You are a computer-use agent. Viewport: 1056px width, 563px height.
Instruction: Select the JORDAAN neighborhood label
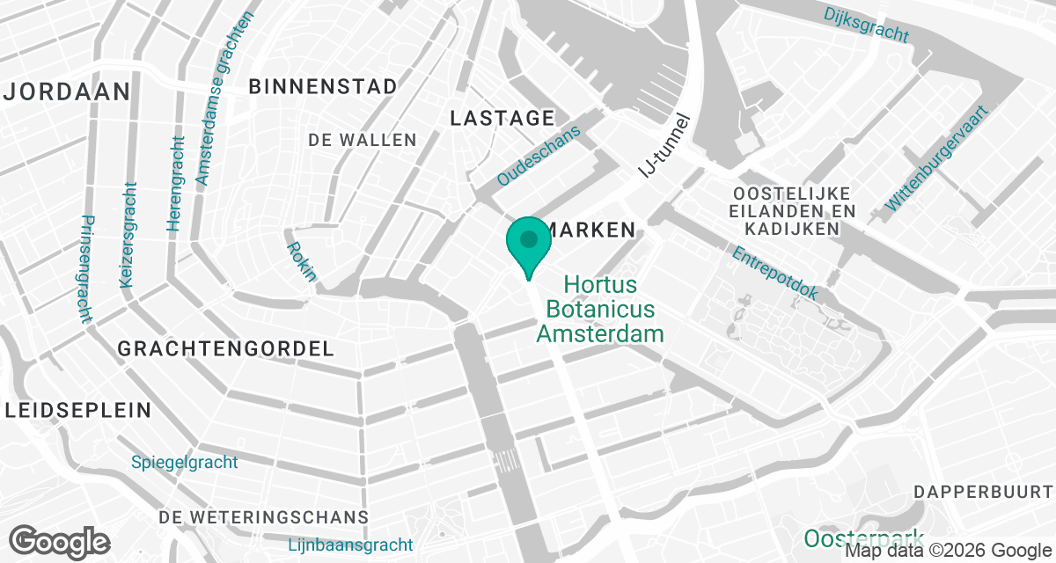click(68, 91)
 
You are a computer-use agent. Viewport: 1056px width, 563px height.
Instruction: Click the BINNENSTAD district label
click(323, 86)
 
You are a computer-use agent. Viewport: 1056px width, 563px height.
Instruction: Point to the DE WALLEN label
click(363, 140)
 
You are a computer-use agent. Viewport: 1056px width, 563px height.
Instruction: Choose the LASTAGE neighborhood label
click(502, 118)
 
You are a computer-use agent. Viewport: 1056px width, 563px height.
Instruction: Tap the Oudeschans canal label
click(539, 157)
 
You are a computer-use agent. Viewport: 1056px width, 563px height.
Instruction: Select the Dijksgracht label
click(866, 25)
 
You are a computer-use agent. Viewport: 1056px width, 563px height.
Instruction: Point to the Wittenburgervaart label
click(938, 159)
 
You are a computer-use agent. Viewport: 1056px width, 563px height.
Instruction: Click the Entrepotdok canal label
click(775, 273)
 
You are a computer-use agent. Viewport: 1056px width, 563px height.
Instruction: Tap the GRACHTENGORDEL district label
click(226, 349)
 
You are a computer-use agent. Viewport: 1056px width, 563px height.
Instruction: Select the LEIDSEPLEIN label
click(77, 410)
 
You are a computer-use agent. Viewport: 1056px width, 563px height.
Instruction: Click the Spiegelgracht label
click(184, 462)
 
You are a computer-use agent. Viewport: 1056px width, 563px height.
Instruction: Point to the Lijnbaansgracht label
click(350, 545)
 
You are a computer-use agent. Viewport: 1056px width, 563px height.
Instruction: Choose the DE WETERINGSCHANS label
click(264, 516)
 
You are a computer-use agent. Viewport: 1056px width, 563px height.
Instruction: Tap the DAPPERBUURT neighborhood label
click(983, 490)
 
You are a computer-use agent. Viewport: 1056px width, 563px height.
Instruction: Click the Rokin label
click(301, 261)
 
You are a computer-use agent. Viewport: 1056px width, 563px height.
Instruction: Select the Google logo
click(60, 540)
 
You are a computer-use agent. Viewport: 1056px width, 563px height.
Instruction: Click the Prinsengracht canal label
click(85, 269)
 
